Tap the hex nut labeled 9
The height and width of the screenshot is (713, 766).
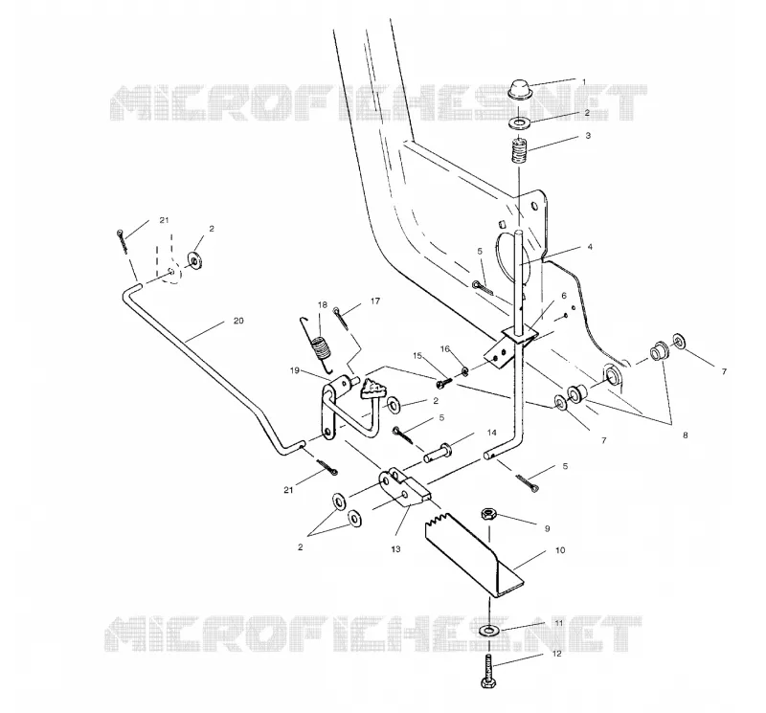(488, 515)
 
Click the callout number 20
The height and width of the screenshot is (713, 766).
(238, 321)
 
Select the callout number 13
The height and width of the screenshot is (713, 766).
(395, 549)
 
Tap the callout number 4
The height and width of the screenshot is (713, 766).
(590, 247)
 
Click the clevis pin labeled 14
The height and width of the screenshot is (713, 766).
(439, 453)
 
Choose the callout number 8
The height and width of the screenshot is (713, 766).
(685, 434)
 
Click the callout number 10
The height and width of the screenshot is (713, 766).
(560, 550)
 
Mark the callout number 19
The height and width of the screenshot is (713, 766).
(295, 370)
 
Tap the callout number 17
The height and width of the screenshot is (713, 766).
(375, 301)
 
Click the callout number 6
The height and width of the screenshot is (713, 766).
(564, 296)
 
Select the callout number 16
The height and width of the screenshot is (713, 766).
(445, 348)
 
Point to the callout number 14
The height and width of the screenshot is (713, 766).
(491, 433)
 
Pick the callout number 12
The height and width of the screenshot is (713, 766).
(557, 654)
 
